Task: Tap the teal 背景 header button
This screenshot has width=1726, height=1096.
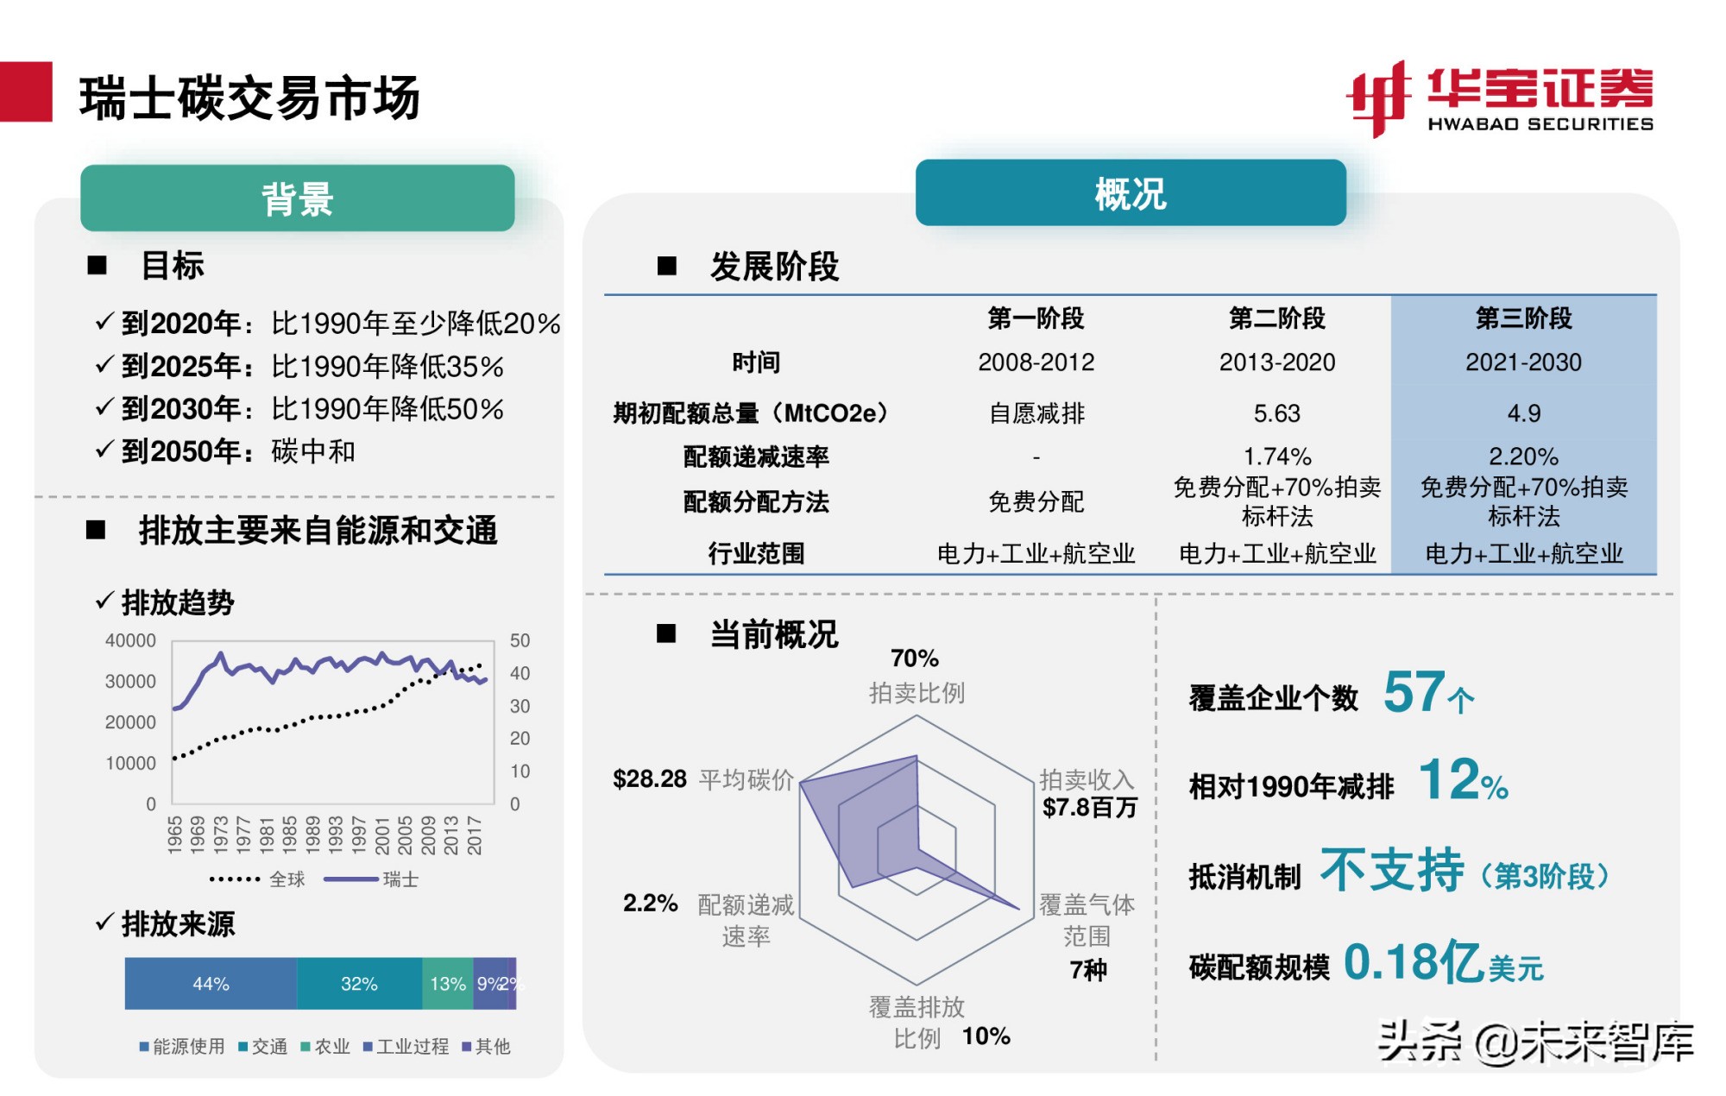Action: [297, 198]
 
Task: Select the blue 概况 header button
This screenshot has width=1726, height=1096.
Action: [1130, 193]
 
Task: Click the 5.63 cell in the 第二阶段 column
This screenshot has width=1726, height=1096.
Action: [1276, 413]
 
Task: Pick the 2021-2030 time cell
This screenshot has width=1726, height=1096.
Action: [1523, 362]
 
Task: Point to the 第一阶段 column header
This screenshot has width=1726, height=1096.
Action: [1036, 318]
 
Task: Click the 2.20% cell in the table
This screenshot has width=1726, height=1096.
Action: [1523, 456]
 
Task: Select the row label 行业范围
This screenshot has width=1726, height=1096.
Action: [756, 553]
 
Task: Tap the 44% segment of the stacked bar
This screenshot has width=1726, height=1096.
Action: [211, 984]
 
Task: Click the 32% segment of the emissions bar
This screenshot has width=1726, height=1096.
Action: [359, 984]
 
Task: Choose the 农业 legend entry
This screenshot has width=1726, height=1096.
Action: [325, 1047]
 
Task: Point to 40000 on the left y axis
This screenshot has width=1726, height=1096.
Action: [130, 640]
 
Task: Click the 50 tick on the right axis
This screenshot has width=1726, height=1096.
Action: [520, 640]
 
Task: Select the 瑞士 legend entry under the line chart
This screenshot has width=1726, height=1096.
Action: [400, 879]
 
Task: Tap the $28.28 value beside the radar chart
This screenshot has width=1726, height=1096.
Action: [649, 779]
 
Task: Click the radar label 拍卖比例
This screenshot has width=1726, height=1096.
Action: [916, 692]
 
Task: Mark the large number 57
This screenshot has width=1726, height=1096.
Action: [1414, 692]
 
